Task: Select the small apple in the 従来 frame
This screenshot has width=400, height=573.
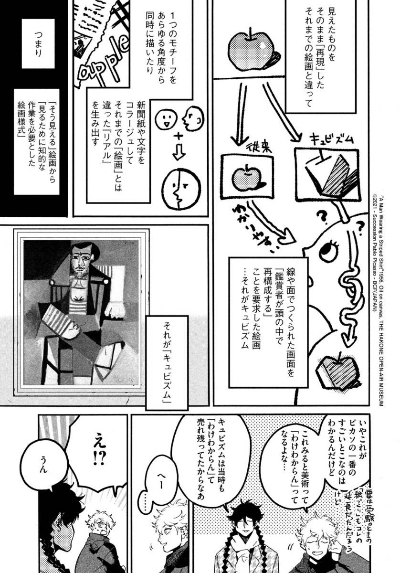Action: click(x=245, y=177)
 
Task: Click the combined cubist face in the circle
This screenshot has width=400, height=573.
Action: click(x=179, y=189)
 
